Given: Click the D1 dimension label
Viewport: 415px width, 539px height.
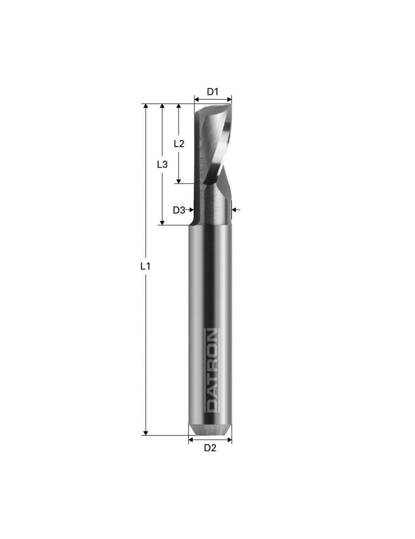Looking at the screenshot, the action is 213,92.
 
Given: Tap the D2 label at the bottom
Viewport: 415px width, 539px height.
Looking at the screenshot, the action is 210,448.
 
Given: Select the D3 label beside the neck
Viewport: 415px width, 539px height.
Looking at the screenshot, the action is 179,210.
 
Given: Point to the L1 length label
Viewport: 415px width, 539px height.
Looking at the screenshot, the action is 145,266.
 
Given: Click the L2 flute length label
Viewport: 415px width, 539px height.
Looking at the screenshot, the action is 179,144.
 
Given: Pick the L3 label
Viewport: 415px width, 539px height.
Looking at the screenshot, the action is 162,164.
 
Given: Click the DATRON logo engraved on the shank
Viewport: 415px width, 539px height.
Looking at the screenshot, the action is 212,371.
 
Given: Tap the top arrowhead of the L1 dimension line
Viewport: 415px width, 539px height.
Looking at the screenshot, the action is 145,106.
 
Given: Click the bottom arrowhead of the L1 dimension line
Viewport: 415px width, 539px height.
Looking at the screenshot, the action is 145,433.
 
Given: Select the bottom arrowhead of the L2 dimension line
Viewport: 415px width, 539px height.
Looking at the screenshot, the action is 179,181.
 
